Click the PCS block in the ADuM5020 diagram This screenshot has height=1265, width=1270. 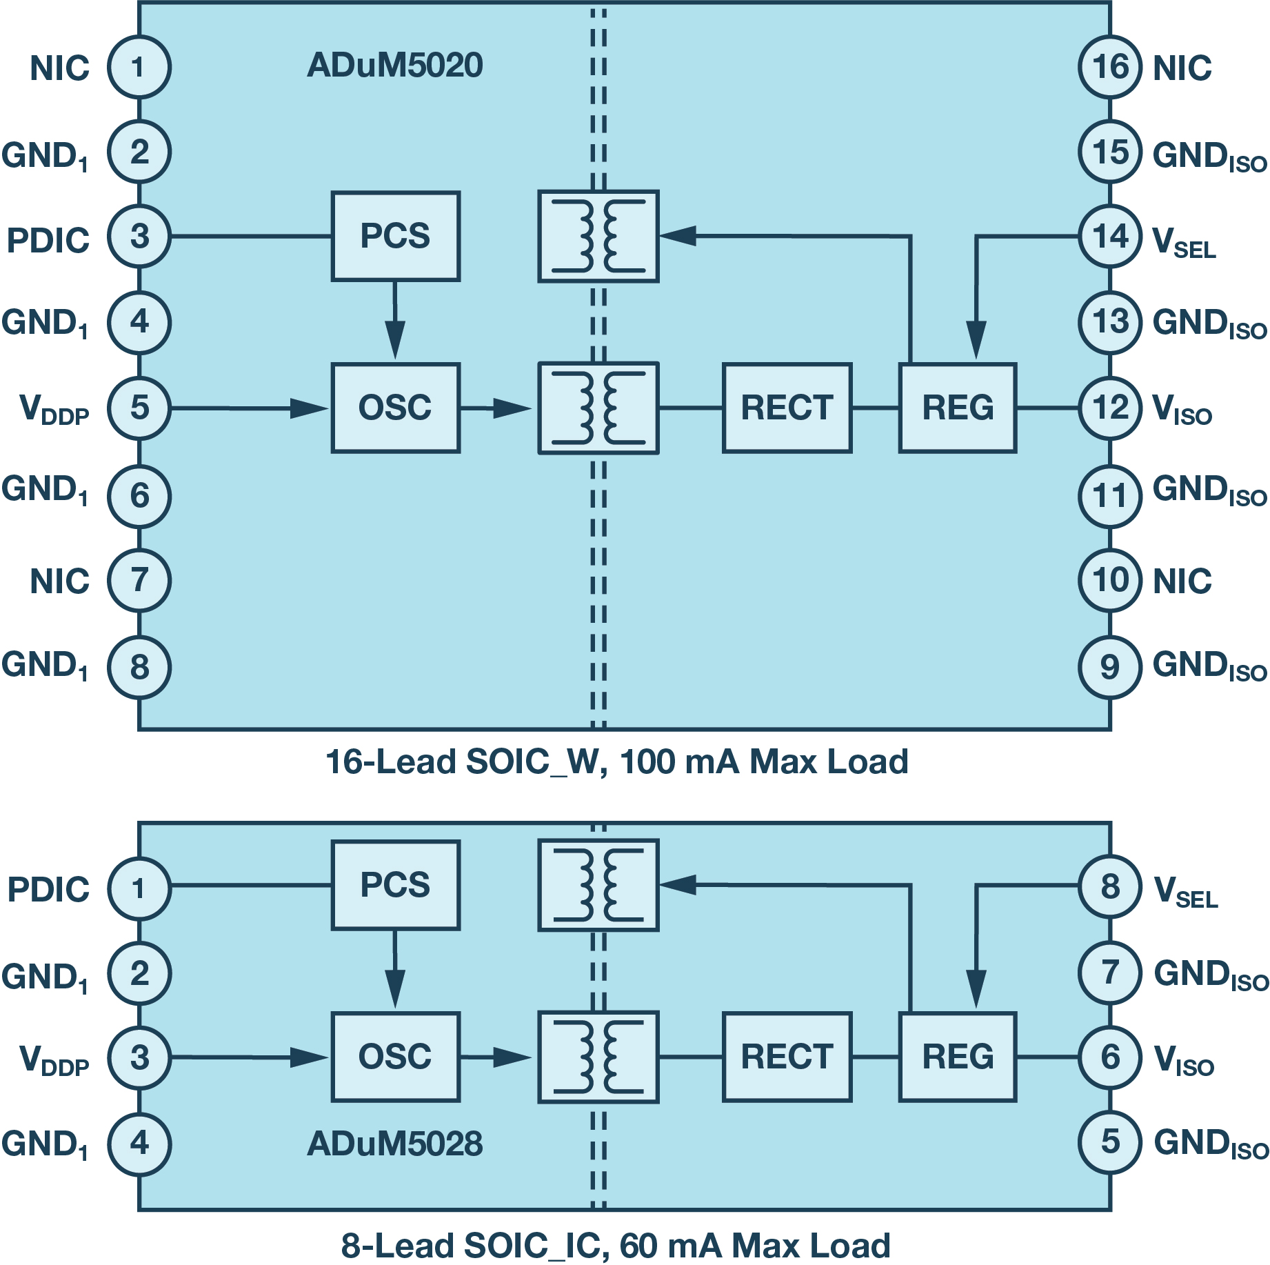[x=395, y=236]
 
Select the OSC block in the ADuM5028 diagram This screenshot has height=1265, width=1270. [x=395, y=1057]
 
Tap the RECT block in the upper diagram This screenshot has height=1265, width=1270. [x=787, y=408]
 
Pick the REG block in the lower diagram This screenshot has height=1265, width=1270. [x=957, y=1057]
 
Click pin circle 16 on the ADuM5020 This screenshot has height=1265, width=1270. [x=1110, y=67]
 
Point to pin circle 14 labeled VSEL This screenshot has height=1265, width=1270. [x=1110, y=237]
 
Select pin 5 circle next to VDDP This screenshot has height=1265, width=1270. [x=139, y=408]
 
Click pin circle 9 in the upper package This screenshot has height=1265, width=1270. [x=1110, y=667]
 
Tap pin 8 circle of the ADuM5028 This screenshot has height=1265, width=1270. [x=1110, y=886]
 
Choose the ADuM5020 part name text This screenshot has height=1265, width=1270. [x=394, y=66]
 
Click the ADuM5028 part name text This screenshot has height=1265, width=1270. [x=394, y=1144]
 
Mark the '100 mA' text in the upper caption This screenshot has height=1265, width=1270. [x=680, y=762]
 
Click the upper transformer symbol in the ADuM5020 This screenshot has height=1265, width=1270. [x=598, y=236]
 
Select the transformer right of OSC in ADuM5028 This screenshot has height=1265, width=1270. [x=598, y=1057]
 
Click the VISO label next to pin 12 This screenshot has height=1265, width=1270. [x=1182, y=410]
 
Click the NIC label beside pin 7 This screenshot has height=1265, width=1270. [x=60, y=581]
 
